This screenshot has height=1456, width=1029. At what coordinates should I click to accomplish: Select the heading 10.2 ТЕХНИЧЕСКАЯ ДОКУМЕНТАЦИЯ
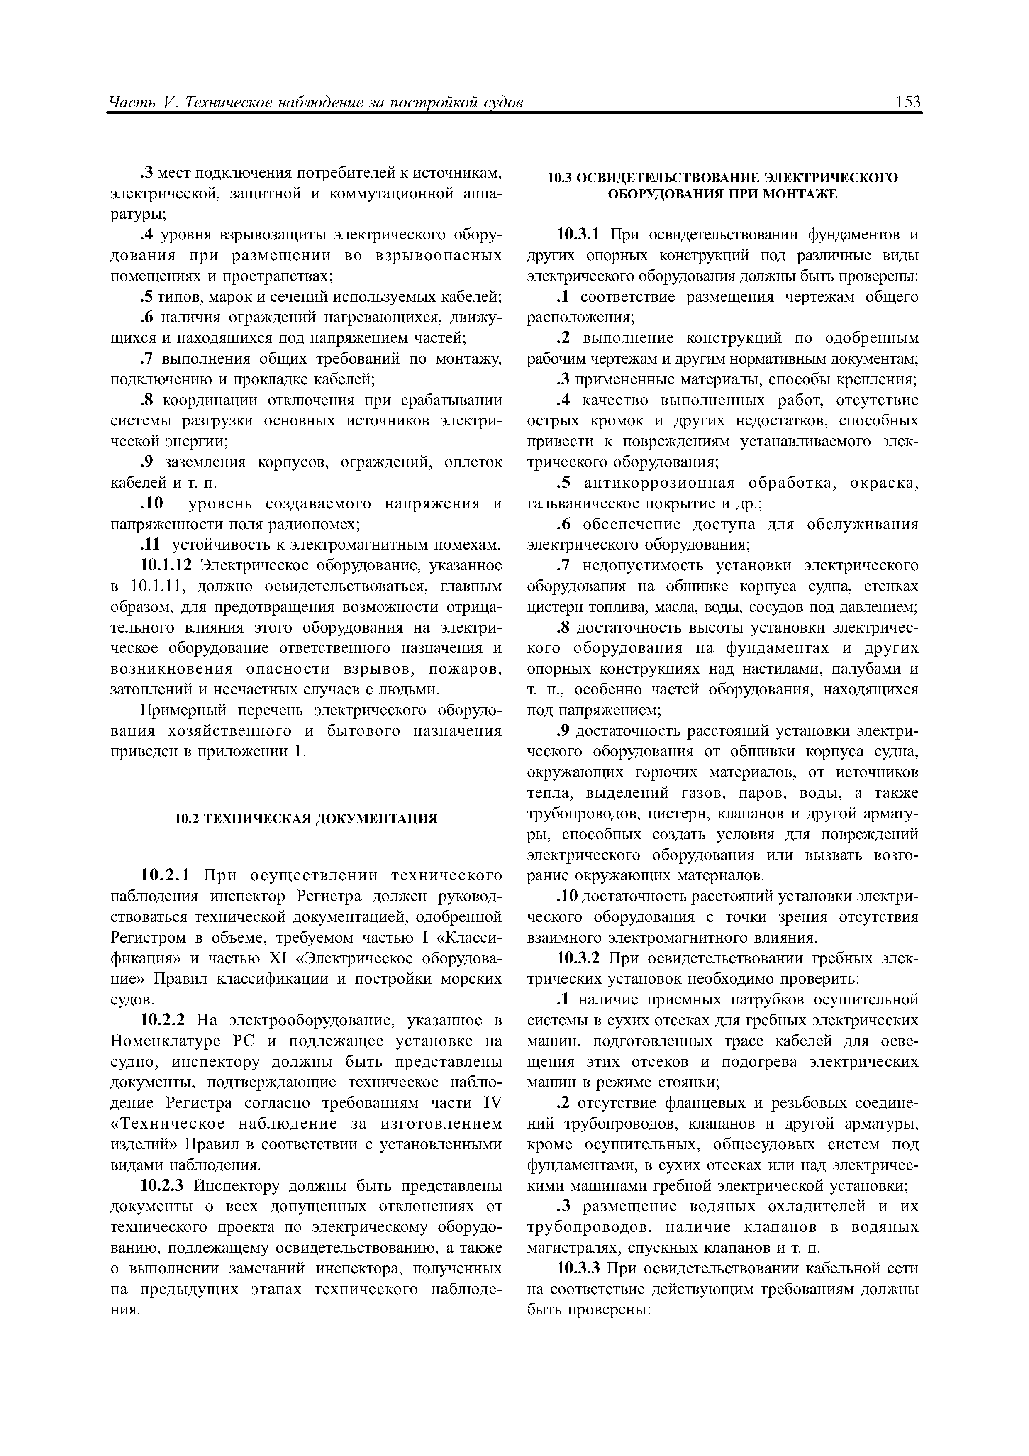pos(306,818)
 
